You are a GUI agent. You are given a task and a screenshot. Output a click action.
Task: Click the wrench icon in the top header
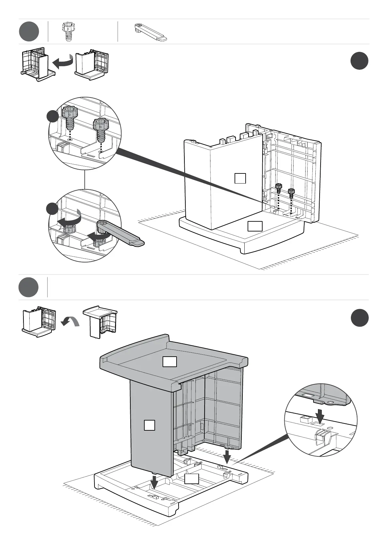pyautogui.click(x=151, y=32)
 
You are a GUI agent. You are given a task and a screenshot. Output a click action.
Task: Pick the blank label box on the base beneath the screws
pyautogui.click(x=255, y=226)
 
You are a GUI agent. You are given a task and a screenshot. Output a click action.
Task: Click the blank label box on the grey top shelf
pyautogui.click(x=170, y=362)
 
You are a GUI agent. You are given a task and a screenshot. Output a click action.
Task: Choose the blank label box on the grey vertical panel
pyautogui.click(x=149, y=425)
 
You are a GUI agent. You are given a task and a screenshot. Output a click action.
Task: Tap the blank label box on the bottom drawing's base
pyautogui.click(x=192, y=479)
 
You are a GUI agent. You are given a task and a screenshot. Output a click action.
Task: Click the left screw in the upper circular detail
pyautogui.click(x=70, y=118)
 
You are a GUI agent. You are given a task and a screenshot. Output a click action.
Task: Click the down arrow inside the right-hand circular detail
pyautogui.click(x=320, y=416)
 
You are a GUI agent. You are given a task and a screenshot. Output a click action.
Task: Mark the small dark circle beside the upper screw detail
pyautogui.click(x=52, y=116)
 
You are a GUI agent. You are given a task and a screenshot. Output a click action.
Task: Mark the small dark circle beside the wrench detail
pyautogui.click(x=52, y=209)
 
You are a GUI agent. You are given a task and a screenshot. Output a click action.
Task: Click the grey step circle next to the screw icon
pyautogui.click(x=29, y=32)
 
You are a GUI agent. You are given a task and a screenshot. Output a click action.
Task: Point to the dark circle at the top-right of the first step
pyautogui.click(x=360, y=61)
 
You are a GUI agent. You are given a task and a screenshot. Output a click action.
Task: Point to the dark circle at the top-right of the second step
pyautogui.click(x=360, y=318)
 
